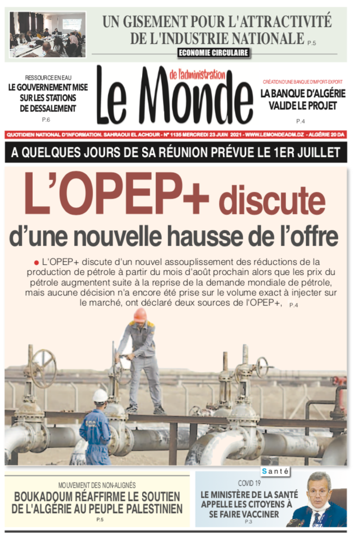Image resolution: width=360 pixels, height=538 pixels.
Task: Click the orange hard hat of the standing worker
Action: click(x=140, y=315)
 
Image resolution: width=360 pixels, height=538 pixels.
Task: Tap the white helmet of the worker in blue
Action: click(x=100, y=395)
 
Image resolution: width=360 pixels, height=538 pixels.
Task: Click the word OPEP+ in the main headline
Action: click(x=117, y=195)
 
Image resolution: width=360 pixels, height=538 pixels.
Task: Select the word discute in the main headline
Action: click(x=272, y=200)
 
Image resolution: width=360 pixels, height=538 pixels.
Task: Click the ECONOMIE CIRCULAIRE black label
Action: click(x=214, y=52)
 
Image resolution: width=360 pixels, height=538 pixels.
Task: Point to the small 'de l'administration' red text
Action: click(x=198, y=75)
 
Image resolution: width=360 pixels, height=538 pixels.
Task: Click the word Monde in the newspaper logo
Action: click(x=196, y=98)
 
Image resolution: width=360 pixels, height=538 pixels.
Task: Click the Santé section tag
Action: click(x=275, y=471)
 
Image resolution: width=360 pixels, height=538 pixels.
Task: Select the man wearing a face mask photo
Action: click(x=319, y=499)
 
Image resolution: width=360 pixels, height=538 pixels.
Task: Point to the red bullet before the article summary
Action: click(x=36, y=262)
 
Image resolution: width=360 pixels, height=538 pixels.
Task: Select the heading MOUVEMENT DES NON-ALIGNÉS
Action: click(x=97, y=485)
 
